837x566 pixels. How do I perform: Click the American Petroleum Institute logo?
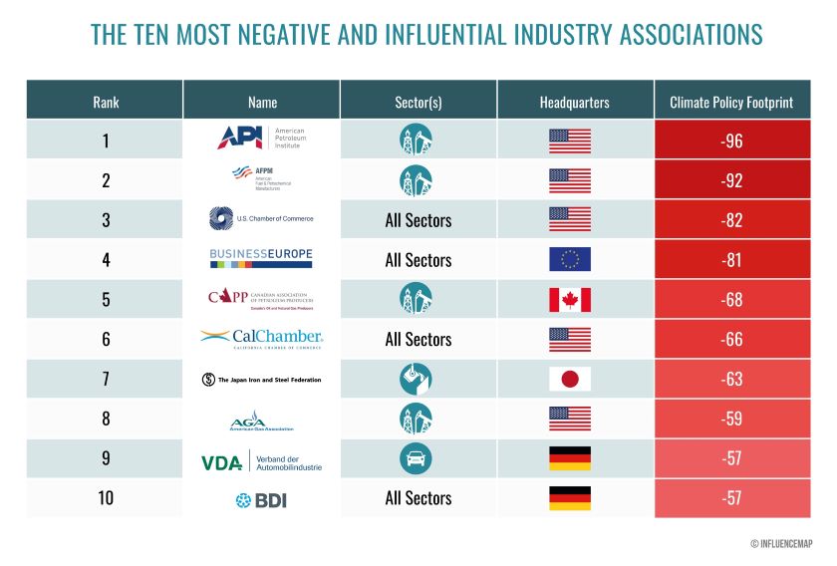click(261, 139)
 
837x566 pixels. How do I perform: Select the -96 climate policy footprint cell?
click(731, 141)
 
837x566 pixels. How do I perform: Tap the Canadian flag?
click(570, 300)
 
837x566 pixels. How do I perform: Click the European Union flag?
click(570, 260)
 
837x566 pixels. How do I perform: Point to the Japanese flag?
click(570, 379)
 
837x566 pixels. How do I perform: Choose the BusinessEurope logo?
click(261, 258)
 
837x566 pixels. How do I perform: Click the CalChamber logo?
click(261, 339)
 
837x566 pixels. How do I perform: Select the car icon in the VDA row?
click(418, 458)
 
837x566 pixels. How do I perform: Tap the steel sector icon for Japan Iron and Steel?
click(418, 379)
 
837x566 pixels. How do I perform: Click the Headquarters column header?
click(575, 102)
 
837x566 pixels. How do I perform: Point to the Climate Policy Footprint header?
click(731, 102)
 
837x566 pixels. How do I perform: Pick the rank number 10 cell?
click(105, 498)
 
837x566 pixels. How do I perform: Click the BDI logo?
click(261, 499)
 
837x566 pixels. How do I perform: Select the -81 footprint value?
click(731, 260)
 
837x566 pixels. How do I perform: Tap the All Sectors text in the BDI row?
click(418, 498)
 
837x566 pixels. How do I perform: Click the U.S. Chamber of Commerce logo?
click(261, 219)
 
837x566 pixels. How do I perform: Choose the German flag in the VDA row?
click(570, 458)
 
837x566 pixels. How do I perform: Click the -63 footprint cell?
click(731, 379)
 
